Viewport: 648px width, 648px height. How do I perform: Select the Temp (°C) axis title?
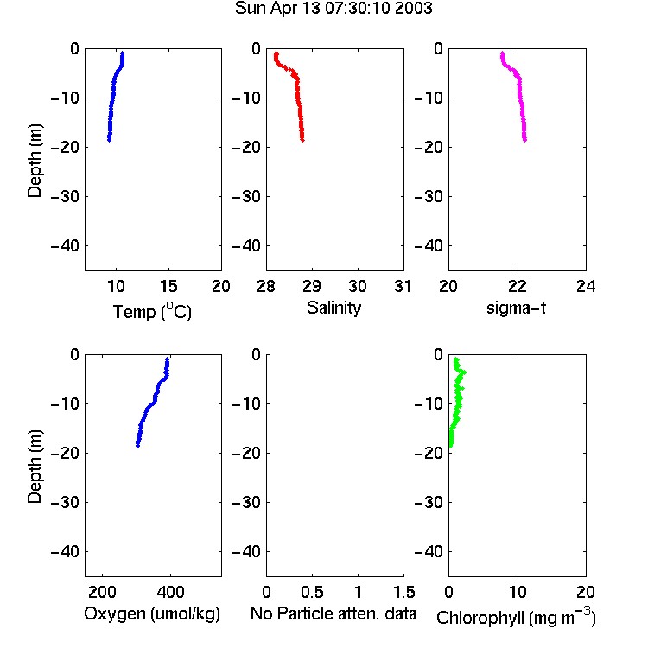point(152,311)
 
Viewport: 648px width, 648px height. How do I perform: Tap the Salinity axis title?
point(334,308)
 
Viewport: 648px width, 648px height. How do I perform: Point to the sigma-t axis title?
point(516,308)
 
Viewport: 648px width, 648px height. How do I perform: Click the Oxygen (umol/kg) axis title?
point(152,613)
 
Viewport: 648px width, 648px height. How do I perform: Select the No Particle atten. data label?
point(334,613)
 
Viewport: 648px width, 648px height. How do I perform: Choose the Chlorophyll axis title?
point(516,617)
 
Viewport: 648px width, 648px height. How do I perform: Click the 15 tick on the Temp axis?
point(168,286)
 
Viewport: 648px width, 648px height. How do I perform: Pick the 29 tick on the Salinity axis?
point(312,286)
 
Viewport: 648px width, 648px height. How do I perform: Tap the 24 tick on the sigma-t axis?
point(586,286)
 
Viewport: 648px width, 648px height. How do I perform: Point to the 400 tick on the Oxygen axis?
point(170,592)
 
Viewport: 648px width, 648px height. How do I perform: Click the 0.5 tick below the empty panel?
point(312,592)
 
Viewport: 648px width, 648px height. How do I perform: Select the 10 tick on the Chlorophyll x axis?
point(517,592)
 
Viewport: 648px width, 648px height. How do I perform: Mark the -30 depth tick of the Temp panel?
point(65,196)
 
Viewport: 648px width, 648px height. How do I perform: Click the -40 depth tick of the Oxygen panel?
point(65,551)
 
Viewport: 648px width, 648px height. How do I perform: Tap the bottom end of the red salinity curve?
point(302,141)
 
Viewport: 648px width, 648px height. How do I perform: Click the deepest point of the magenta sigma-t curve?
point(524,141)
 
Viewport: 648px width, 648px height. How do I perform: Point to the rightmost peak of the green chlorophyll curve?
point(465,372)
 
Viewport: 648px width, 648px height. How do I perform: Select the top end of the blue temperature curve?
point(123,54)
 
